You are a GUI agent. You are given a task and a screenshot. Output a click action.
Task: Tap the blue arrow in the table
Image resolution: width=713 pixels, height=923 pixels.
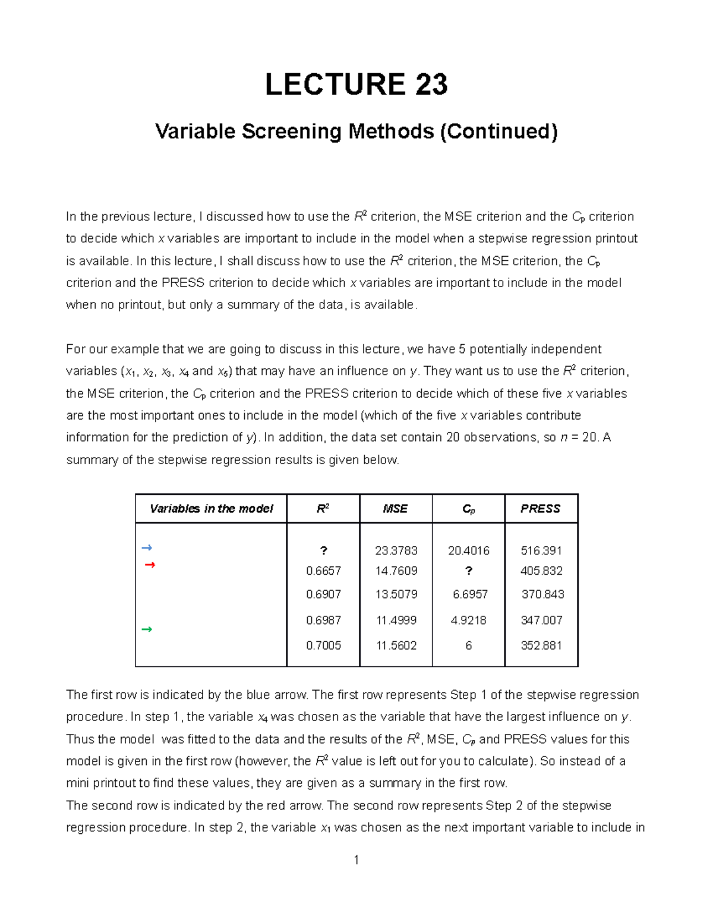coord(147,547)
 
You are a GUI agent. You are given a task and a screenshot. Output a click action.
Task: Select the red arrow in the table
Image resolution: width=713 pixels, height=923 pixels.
coord(150,565)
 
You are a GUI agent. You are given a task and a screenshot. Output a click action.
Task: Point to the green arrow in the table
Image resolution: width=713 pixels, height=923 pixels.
coord(147,629)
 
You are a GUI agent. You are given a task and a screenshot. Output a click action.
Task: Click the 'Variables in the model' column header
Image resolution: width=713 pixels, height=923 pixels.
coord(211,509)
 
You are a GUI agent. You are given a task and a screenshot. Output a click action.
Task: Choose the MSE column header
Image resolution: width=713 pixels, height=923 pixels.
coord(395,509)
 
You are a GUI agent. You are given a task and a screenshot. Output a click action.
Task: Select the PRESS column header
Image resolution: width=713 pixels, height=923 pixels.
coord(540,509)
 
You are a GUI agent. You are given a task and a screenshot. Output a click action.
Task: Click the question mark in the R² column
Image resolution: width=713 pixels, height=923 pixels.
coord(323,551)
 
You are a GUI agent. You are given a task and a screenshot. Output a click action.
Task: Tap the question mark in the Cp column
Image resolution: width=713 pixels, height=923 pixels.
coord(469,571)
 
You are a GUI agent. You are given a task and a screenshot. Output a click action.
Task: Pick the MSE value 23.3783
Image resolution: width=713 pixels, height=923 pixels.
coord(396,551)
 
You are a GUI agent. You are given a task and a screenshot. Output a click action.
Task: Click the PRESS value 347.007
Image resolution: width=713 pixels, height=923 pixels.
coord(541,620)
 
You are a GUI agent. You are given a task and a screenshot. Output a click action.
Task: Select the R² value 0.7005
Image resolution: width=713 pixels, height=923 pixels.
coord(323,645)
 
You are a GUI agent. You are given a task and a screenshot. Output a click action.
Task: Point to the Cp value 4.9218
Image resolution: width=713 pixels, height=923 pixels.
coord(468,620)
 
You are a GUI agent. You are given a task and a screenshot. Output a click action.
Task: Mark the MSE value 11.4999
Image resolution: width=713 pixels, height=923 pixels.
coord(396,620)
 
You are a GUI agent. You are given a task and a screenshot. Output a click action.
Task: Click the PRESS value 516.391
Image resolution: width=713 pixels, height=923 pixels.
coord(541,551)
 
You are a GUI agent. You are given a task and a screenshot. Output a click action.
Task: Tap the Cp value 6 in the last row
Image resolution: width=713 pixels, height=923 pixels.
coord(468,645)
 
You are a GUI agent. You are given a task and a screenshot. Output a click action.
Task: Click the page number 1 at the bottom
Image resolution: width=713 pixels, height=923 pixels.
coord(356,860)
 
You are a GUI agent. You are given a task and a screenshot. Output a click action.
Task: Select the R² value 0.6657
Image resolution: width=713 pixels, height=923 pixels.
coord(323,571)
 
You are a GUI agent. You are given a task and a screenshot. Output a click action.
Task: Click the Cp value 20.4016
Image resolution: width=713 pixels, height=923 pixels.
coord(468,551)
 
